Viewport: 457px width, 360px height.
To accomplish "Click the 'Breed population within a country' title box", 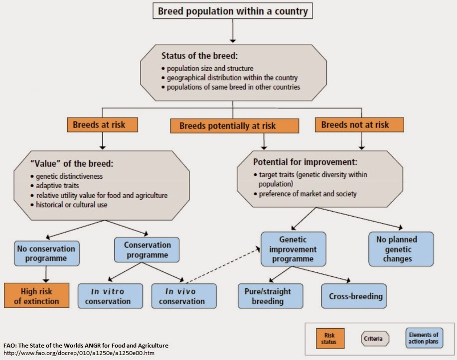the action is [x=233, y=11].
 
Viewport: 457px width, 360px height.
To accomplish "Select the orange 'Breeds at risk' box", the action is [x=102, y=124].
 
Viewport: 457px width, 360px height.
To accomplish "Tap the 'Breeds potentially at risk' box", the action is [x=234, y=126].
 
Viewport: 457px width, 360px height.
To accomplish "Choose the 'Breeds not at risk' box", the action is [x=359, y=124].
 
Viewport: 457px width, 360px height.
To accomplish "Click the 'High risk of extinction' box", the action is [x=37, y=295].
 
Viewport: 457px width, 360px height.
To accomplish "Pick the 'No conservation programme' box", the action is [x=47, y=253].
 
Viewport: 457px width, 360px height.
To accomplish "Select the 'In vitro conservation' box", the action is [x=111, y=296].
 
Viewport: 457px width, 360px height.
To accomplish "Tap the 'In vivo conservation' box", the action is [x=184, y=296].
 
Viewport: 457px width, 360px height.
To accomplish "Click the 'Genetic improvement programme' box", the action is [x=293, y=249].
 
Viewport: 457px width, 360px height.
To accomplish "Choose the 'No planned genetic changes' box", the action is [x=401, y=249].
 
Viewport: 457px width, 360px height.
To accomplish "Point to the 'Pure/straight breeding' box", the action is [x=271, y=296].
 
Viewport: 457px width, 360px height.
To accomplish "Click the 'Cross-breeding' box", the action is [x=354, y=296].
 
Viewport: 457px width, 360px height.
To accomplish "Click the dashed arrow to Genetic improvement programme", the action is [x=223, y=265].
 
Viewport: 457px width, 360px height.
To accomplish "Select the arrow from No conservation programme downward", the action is [x=46, y=274].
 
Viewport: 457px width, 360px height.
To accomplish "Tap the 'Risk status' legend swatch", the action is [x=330, y=339].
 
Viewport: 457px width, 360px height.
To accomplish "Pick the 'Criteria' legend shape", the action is [x=375, y=339].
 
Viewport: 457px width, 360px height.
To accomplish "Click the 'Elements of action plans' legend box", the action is [x=424, y=338].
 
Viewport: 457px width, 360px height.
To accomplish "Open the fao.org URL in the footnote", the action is [x=79, y=353].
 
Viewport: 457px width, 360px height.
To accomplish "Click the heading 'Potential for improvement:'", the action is [x=305, y=162].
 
